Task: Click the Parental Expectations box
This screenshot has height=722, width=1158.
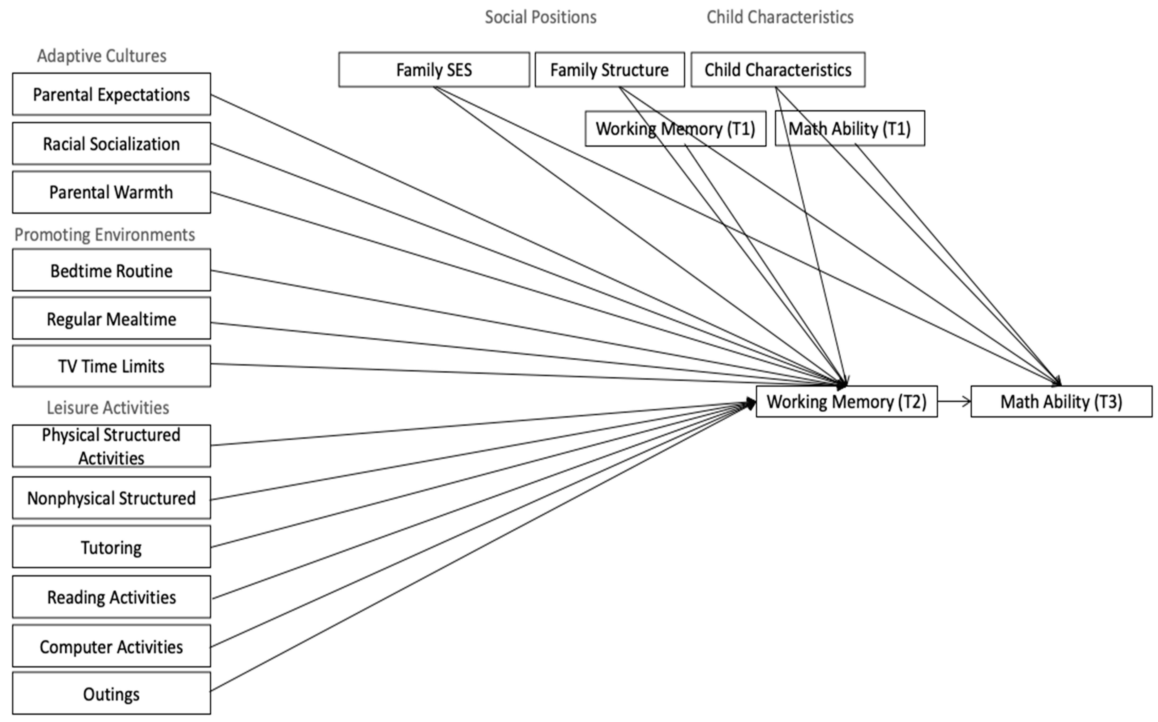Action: (x=111, y=94)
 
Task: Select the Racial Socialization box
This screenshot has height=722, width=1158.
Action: (x=111, y=143)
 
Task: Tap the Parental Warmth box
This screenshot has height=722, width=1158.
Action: (x=111, y=192)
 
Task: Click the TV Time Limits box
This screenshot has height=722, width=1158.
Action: (x=111, y=366)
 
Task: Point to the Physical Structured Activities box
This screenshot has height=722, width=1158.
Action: (x=111, y=446)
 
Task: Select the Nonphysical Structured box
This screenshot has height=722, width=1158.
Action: (x=111, y=498)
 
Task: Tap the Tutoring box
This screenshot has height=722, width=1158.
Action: (x=111, y=547)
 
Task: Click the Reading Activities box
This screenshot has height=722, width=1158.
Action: (x=111, y=597)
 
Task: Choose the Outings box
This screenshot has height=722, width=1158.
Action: (x=111, y=693)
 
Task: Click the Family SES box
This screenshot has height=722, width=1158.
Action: (x=434, y=70)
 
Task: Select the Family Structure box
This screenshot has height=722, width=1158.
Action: (x=610, y=70)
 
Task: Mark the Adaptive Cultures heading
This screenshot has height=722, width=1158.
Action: (x=102, y=56)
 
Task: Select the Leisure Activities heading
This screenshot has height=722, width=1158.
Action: (x=108, y=407)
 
